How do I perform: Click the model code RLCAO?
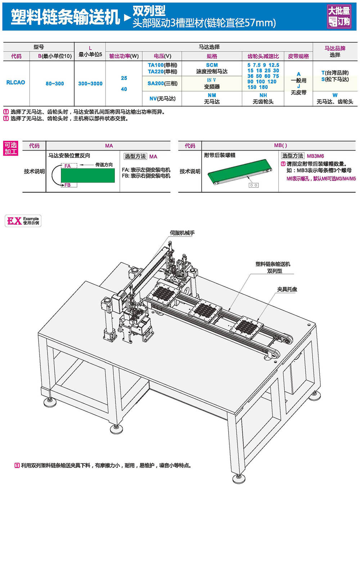pos(16,82)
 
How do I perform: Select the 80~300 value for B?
pos(55,84)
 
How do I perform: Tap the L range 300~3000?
pos(90,84)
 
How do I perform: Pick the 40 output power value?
pos(124,89)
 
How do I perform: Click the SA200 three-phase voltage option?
pos(162,84)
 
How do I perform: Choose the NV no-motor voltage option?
pos(162,99)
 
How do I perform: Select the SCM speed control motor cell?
pos(212,68)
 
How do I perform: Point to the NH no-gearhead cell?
pos(263,98)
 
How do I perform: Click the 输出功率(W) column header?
pos(124,56)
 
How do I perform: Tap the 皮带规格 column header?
pos(298,56)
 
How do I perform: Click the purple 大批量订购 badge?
pos(339,16)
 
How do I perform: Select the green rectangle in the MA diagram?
pos(87,175)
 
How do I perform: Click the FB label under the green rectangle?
pos(68,185)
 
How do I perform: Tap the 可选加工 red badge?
pos(11,148)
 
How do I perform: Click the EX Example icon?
pos(23,221)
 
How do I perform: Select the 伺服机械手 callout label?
pos(182,233)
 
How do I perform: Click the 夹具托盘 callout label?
pos(287,289)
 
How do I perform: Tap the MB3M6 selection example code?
pos(315,156)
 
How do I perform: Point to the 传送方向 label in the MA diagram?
pos(104,165)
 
